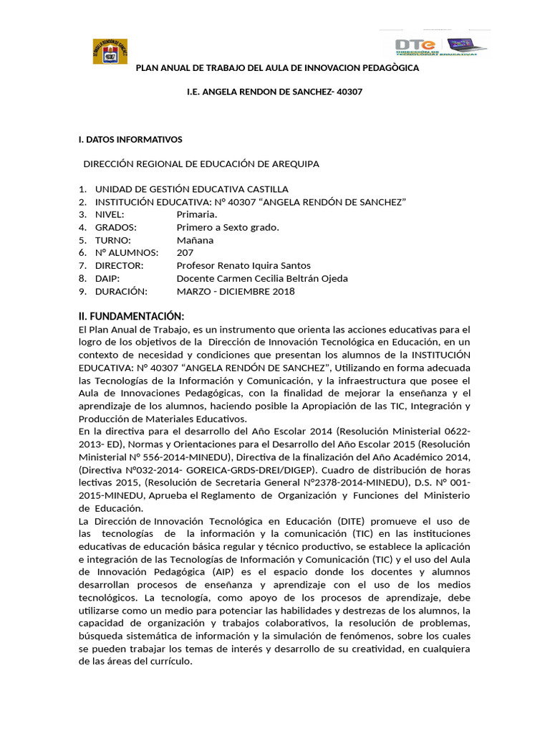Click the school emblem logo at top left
110,51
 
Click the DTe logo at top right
440,46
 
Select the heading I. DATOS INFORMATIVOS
130,140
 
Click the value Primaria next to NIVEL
197,215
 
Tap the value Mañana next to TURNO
195,241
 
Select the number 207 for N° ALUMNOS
185,253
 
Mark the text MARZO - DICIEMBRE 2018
236,292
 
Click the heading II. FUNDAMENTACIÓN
131,317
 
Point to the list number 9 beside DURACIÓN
82,292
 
